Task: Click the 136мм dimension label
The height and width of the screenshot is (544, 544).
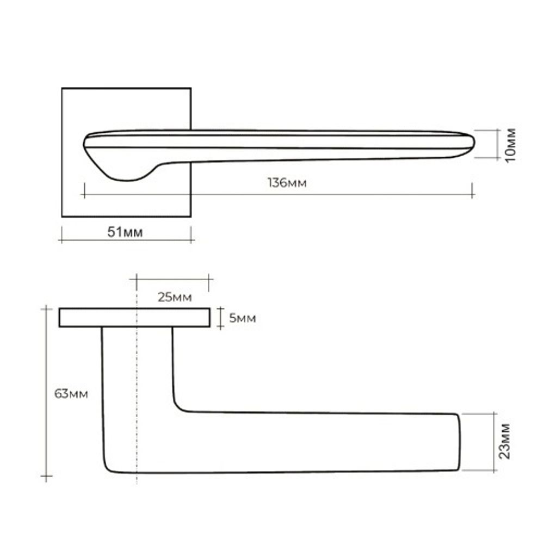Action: [x=287, y=182]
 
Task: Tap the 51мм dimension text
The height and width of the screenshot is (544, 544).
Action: [x=125, y=232]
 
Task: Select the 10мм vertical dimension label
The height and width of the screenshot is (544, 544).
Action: [x=511, y=145]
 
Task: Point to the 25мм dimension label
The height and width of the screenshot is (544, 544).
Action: [x=175, y=298]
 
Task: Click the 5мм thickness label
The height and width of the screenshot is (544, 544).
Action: [x=243, y=318]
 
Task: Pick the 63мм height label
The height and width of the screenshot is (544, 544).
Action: [x=71, y=394]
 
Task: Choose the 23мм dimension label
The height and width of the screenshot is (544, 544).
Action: [x=505, y=441]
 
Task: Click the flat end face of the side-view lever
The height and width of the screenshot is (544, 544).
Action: [x=459, y=442]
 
